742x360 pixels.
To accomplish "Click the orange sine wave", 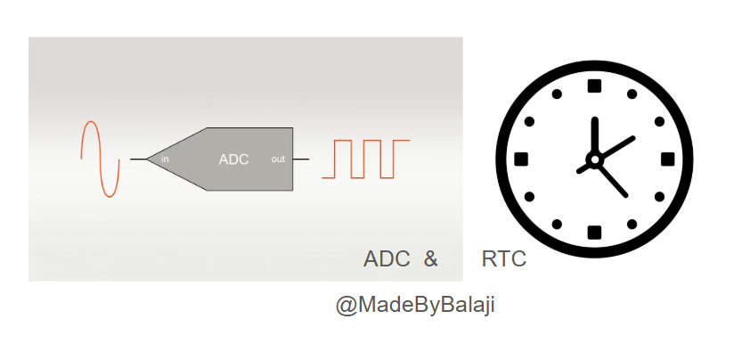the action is [x=100, y=160].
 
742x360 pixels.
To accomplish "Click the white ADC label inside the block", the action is [x=233, y=160].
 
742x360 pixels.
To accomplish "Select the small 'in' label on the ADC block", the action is [x=165, y=160].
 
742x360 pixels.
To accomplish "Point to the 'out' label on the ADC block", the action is [x=278, y=160].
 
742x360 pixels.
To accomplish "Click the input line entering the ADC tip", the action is [x=139, y=160].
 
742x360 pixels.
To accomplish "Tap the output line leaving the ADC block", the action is [x=301, y=160].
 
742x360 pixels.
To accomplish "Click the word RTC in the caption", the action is [x=503, y=259].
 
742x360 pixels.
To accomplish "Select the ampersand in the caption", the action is [x=430, y=259].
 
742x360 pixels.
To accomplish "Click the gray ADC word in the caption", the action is [x=387, y=259].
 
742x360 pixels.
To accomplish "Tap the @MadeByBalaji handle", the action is [x=415, y=305].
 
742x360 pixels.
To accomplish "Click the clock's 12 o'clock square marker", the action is [x=594, y=86].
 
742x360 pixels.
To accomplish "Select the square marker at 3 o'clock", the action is [x=668, y=160].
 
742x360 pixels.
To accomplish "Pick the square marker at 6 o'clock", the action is [x=594, y=233].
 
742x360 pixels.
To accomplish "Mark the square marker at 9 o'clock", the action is [x=521, y=160].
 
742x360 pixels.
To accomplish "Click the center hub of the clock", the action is [x=595, y=160].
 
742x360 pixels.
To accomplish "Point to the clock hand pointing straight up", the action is [x=595, y=135].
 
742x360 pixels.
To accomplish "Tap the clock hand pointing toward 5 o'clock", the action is [x=613, y=180].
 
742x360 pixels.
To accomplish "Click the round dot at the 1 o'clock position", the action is [x=632, y=94].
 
